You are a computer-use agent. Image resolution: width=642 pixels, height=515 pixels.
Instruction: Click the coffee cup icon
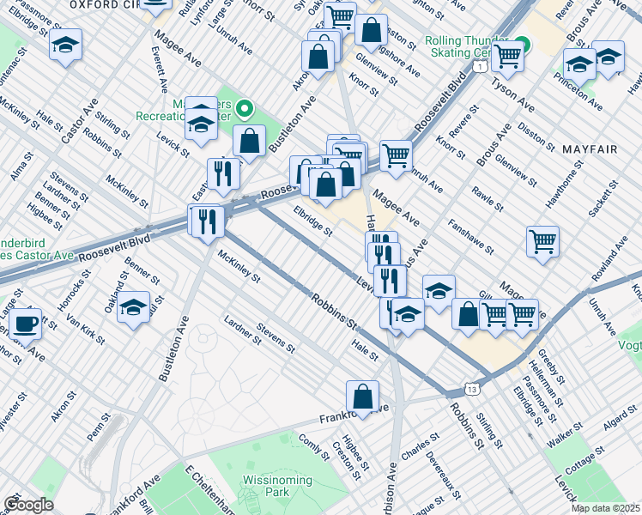[27, 324]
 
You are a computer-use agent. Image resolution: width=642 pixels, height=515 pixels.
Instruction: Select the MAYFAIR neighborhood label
[590, 149]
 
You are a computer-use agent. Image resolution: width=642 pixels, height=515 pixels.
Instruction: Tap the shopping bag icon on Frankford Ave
[363, 397]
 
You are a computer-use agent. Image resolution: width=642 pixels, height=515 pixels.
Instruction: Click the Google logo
[27, 505]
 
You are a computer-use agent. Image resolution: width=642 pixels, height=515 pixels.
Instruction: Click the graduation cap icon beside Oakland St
[134, 307]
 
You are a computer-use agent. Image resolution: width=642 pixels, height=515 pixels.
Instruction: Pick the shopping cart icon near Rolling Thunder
[508, 57]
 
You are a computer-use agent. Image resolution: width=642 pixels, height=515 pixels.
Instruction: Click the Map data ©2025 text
[606, 508]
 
